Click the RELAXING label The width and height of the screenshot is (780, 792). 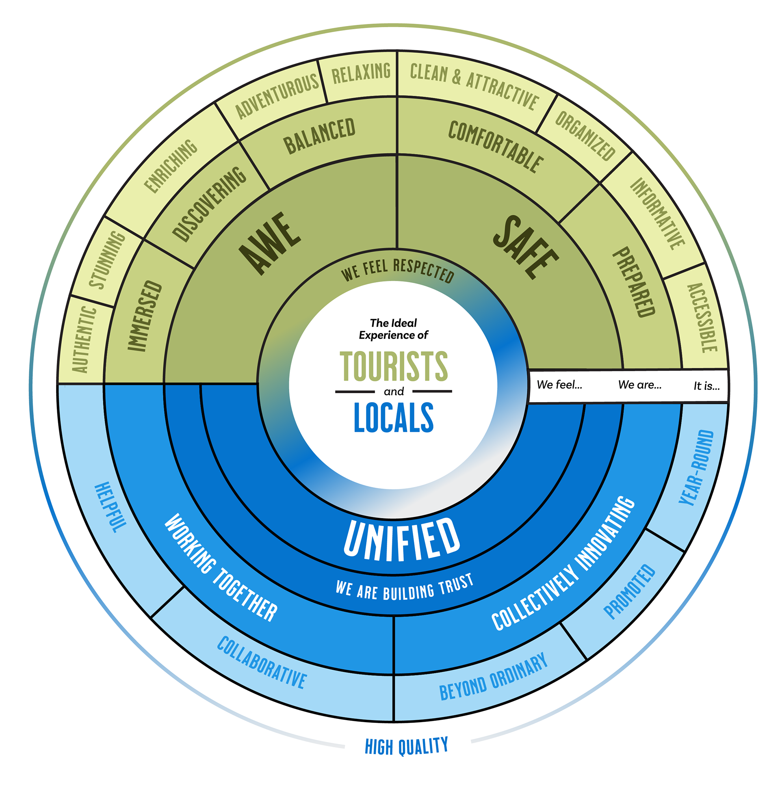[x=361, y=73]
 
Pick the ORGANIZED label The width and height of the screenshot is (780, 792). [x=585, y=136]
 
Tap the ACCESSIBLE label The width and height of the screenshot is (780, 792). [x=702, y=318]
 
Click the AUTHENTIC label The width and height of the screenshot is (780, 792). [x=84, y=340]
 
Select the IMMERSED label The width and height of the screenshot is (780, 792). [x=145, y=315]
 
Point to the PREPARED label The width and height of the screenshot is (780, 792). [x=634, y=282]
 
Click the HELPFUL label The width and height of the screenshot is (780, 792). [x=110, y=507]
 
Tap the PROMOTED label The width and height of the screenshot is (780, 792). [x=630, y=592]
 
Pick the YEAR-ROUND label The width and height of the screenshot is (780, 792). [x=696, y=467]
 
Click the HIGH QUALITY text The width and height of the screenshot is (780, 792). [x=406, y=746]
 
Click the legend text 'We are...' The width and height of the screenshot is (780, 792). [x=639, y=385]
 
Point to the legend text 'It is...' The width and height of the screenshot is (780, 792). [x=706, y=386]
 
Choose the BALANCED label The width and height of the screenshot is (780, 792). [x=319, y=136]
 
